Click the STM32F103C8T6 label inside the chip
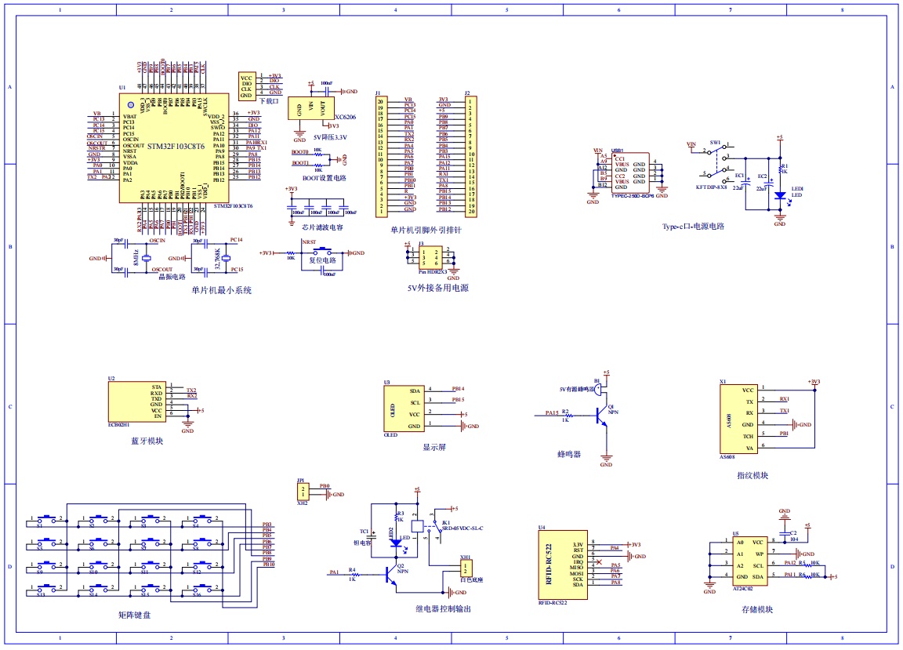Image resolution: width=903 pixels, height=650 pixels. pos(176,147)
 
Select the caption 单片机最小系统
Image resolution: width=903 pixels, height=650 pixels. pos(221,290)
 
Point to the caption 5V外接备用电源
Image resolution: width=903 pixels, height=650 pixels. pos(437,288)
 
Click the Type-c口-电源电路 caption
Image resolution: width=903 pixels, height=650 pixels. pos(693,226)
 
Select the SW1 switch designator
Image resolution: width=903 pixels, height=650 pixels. pos(715,143)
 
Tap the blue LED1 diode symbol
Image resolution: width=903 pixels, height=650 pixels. pos(779,194)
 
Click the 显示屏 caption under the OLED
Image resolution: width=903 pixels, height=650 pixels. pos(433,448)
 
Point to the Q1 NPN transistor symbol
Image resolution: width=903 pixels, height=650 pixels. pos(601,416)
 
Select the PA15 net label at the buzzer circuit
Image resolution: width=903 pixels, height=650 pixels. pos(552,412)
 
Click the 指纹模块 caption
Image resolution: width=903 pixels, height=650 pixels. pos(752,475)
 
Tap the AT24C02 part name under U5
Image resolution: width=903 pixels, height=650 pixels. pos(742,587)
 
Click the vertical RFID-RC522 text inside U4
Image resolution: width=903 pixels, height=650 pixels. pos(549,561)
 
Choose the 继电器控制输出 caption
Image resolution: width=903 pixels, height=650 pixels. pos(443,608)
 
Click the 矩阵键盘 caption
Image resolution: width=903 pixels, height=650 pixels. pos(134,615)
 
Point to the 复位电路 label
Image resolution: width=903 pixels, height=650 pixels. pos(322,260)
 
